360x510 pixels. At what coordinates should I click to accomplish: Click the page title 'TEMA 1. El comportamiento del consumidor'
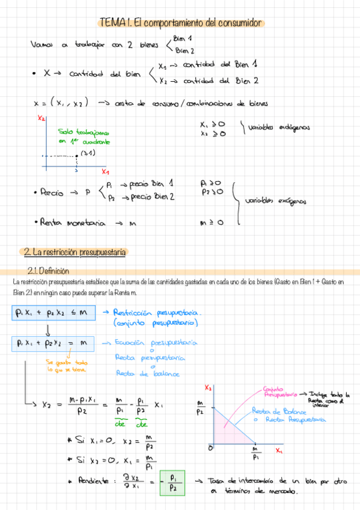[180, 23]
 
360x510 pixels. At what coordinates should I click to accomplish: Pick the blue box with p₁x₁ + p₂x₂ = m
[52, 343]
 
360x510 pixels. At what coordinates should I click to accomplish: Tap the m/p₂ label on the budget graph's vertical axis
[200, 407]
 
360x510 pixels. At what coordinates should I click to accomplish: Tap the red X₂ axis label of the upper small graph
[41, 119]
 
